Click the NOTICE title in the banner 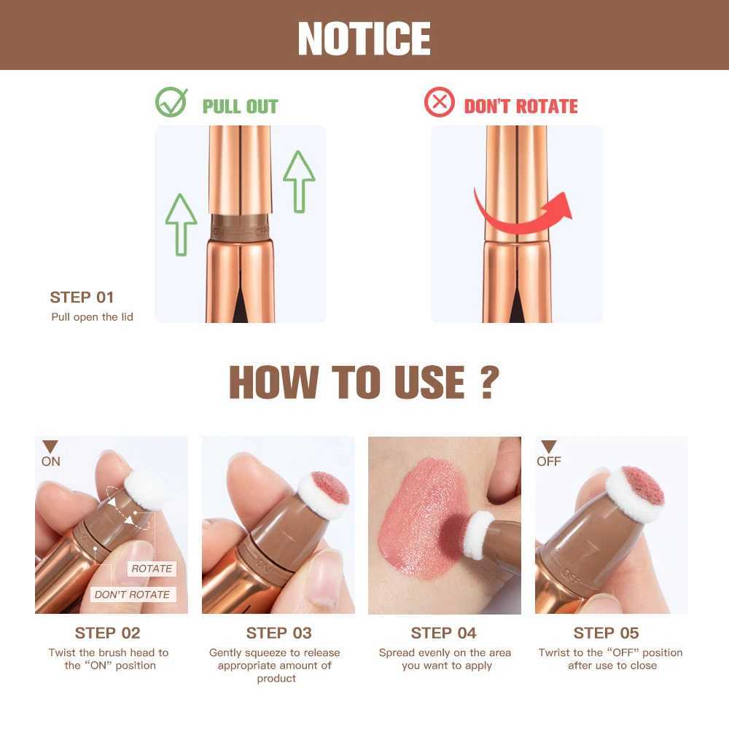364,38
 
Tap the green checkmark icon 171,103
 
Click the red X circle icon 439,103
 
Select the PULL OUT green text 240,106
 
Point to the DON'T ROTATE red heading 521,106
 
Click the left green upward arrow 181,223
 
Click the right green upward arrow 299,182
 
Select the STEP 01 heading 82,297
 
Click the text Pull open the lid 92,317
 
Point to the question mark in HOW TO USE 489,382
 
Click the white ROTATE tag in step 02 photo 152,569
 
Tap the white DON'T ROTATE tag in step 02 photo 132,594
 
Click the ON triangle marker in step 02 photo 50,447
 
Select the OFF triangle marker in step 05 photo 549,447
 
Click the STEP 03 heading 278,633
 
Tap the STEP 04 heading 444,633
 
